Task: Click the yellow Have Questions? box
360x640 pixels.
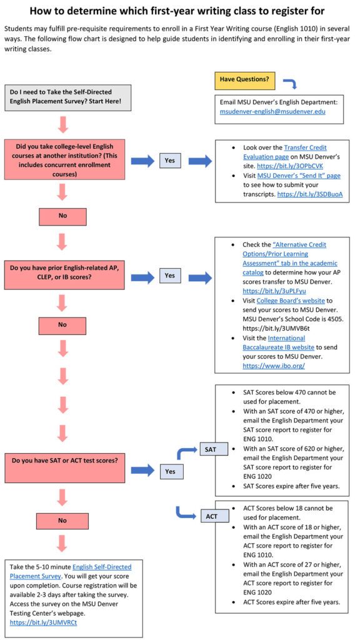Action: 245,79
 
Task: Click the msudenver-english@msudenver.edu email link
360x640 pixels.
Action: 272,112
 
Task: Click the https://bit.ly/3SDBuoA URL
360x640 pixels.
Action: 310,194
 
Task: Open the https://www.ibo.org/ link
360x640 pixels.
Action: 273,366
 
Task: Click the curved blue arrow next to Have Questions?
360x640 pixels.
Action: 290,83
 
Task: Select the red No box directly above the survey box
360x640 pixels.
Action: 62,520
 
